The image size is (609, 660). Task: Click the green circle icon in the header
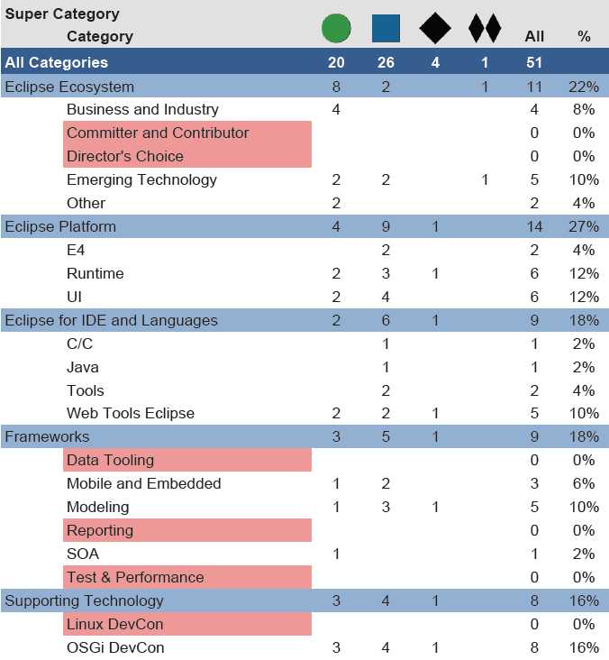pyautogui.click(x=336, y=28)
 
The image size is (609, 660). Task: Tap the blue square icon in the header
pyautogui.click(x=386, y=28)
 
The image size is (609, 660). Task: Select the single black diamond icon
pyautogui.click(x=435, y=28)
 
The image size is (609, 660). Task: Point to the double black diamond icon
pyautogui.click(x=485, y=28)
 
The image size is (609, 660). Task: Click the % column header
pyautogui.click(x=584, y=37)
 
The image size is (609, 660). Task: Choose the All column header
pyautogui.click(x=534, y=37)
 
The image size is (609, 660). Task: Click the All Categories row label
pyautogui.click(x=56, y=62)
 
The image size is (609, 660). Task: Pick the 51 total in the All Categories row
pyautogui.click(x=534, y=62)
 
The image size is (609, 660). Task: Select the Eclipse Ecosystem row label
pyautogui.click(x=69, y=87)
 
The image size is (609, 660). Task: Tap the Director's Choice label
pyautogui.click(x=124, y=156)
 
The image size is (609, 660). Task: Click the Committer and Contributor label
pyautogui.click(x=158, y=133)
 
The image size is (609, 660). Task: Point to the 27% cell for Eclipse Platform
pyautogui.click(x=584, y=226)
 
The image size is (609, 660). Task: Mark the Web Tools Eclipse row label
pyautogui.click(x=131, y=413)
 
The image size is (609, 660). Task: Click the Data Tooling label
pyautogui.click(x=110, y=460)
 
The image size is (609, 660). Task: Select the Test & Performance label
pyautogui.click(x=135, y=577)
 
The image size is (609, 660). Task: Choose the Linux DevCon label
pyautogui.click(x=114, y=624)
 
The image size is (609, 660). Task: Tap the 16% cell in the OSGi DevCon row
pyautogui.click(x=584, y=647)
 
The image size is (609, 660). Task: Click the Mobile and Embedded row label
pyautogui.click(x=143, y=483)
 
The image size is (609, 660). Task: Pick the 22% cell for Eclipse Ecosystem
pyautogui.click(x=584, y=87)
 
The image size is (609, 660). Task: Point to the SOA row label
pyautogui.click(x=83, y=554)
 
